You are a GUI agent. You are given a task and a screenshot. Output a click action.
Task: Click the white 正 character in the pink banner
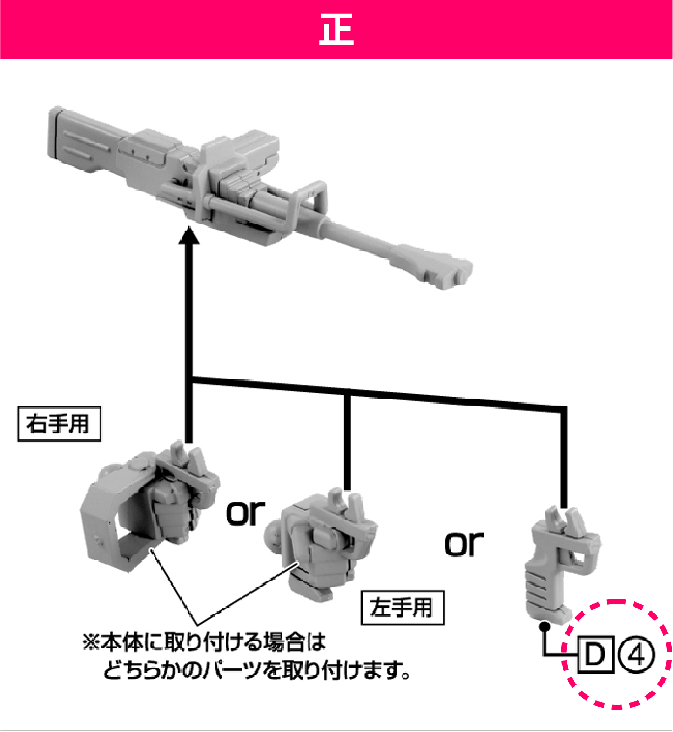[x=336, y=30]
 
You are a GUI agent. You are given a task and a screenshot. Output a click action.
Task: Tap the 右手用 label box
[x=59, y=424]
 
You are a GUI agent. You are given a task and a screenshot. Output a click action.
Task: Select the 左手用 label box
[x=402, y=608]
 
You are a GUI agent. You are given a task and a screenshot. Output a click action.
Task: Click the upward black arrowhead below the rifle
[x=189, y=235]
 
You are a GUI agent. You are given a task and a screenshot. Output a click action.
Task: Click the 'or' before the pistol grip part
[x=463, y=543]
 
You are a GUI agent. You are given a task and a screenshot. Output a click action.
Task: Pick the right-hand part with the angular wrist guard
[x=150, y=506]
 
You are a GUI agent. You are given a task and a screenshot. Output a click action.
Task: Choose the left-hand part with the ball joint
[x=321, y=544]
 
